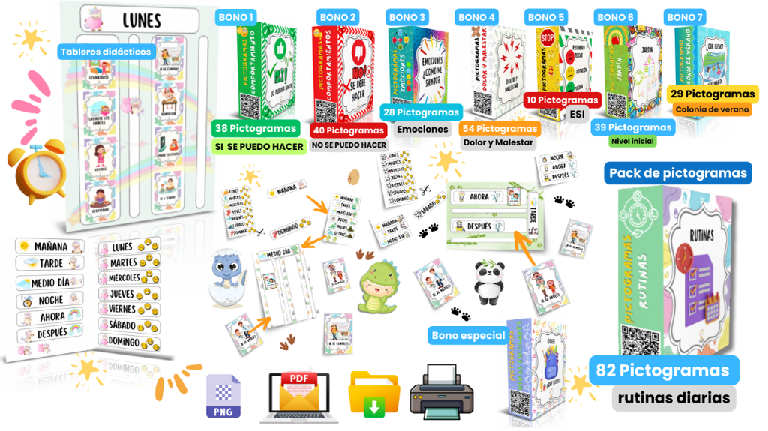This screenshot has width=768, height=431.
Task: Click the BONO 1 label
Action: [x=236, y=16]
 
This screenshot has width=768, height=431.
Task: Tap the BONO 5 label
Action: [x=546, y=17]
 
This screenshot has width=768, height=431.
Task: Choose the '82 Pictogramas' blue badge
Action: [x=663, y=370]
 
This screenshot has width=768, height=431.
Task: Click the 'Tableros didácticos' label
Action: [x=106, y=52]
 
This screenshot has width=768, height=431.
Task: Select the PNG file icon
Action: [x=223, y=395]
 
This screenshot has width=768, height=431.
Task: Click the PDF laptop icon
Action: [x=298, y=393]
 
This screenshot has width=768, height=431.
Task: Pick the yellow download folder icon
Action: [x=374, y=393]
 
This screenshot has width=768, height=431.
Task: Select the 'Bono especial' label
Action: [x=468, y=335]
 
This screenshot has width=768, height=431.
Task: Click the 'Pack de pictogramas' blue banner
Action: [x=677, y=173]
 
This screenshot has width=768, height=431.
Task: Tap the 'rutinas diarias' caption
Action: [x=673, y=398]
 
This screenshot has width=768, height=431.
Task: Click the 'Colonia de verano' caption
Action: [x=712, y=109]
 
